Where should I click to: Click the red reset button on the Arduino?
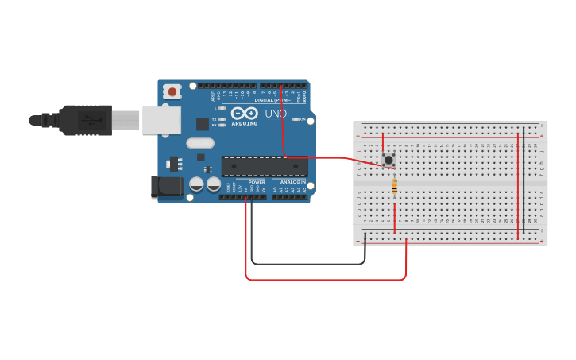pos(172,91)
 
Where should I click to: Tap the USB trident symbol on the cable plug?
pos(91,121)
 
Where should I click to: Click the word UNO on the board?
pos(275,114)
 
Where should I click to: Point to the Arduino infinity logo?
pos(244,114)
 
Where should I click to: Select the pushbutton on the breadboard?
pos(388,160)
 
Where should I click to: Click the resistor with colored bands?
pos(394,187)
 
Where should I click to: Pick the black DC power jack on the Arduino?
pos(166,187)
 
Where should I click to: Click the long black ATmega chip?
pos(264,166)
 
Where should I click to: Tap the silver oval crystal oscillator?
pos(200,144)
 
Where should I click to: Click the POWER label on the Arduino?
pos(257,182)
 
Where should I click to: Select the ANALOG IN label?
pos(292,182)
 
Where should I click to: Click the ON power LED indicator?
pos(296,119)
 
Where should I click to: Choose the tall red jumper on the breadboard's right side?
pos(518,186)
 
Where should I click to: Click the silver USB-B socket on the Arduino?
pos(161,120)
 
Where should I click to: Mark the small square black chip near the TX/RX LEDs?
pos(203,124)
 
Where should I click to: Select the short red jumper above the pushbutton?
pos(383,144)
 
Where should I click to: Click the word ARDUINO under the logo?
pos(244,123)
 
